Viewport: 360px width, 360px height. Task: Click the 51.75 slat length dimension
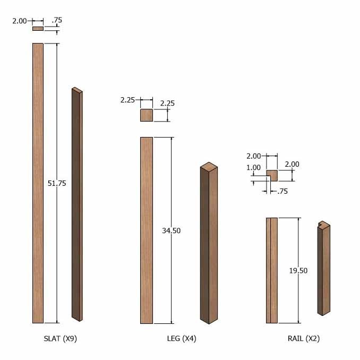[x=57, y=183]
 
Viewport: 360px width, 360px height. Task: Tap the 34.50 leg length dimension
[x=172, y=230]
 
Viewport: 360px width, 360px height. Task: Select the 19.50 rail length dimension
[x=298, y=271]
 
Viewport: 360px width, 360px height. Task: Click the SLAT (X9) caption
[x=60, y=339]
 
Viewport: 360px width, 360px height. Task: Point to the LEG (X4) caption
[x=182, y=339]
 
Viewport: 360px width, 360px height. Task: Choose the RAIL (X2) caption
[x=304, y=339]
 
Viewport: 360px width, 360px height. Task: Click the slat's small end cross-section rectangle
[x=38, y=29]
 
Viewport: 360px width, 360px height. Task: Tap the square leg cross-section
[x=147, y=115]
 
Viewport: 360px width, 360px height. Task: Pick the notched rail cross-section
[x=273, y=175]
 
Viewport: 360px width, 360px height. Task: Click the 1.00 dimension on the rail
[x=253, y=168]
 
